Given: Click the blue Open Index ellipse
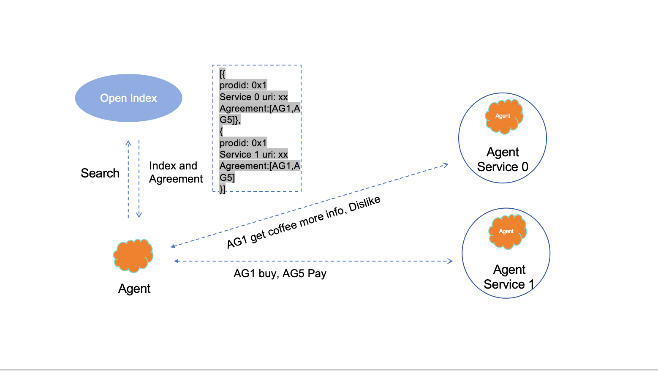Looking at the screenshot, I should [x=128, y=98].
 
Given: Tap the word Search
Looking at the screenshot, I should [x=100, y=173].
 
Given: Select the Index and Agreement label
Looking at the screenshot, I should [x=176, y=172].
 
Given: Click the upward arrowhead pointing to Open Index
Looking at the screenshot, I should [x=128, y=143].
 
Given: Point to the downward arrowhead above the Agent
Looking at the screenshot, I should [x=139, y=215].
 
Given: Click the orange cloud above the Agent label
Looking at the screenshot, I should [x=133, y=255].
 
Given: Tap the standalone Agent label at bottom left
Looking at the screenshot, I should [x=134, y=289].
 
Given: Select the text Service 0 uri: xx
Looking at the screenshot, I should [x=253, y=97].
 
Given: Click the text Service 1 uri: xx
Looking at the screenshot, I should [x=253, y=154].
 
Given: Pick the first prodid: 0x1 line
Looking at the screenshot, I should [x=243, y=85].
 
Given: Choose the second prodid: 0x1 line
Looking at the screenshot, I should [x=243, y=143].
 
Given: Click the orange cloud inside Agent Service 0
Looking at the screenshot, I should [x=503, y=116].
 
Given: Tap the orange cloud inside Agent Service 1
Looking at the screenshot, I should [x=507, y=232].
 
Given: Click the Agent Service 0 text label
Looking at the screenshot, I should [x=503, y=159].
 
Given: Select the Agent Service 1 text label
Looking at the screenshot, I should [x=509, y=277].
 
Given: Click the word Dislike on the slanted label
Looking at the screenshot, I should [x=364, y=204].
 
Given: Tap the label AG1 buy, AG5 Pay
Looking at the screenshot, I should [x=280, y=274].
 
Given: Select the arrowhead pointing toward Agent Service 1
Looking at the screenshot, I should [x=450, y=261].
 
